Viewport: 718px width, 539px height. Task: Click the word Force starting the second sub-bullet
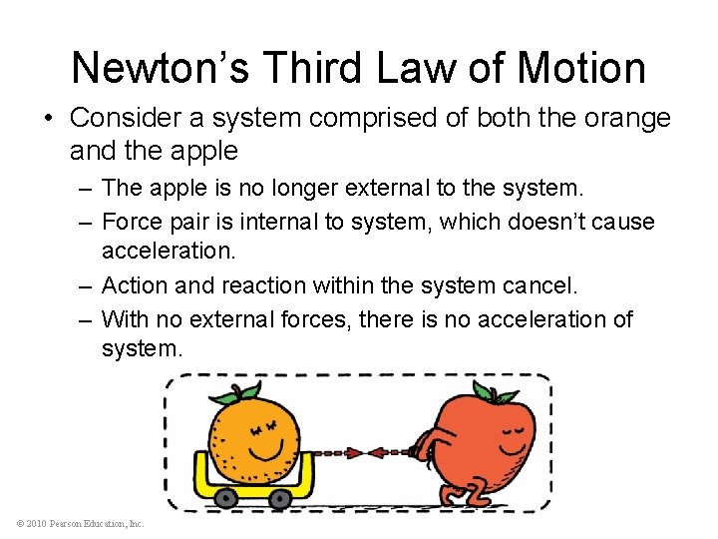click(129, 221)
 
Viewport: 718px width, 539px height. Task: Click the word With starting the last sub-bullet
click(125, 319)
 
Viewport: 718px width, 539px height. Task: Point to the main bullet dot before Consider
click(49, 118)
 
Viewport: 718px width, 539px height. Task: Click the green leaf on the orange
click(245, 391)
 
